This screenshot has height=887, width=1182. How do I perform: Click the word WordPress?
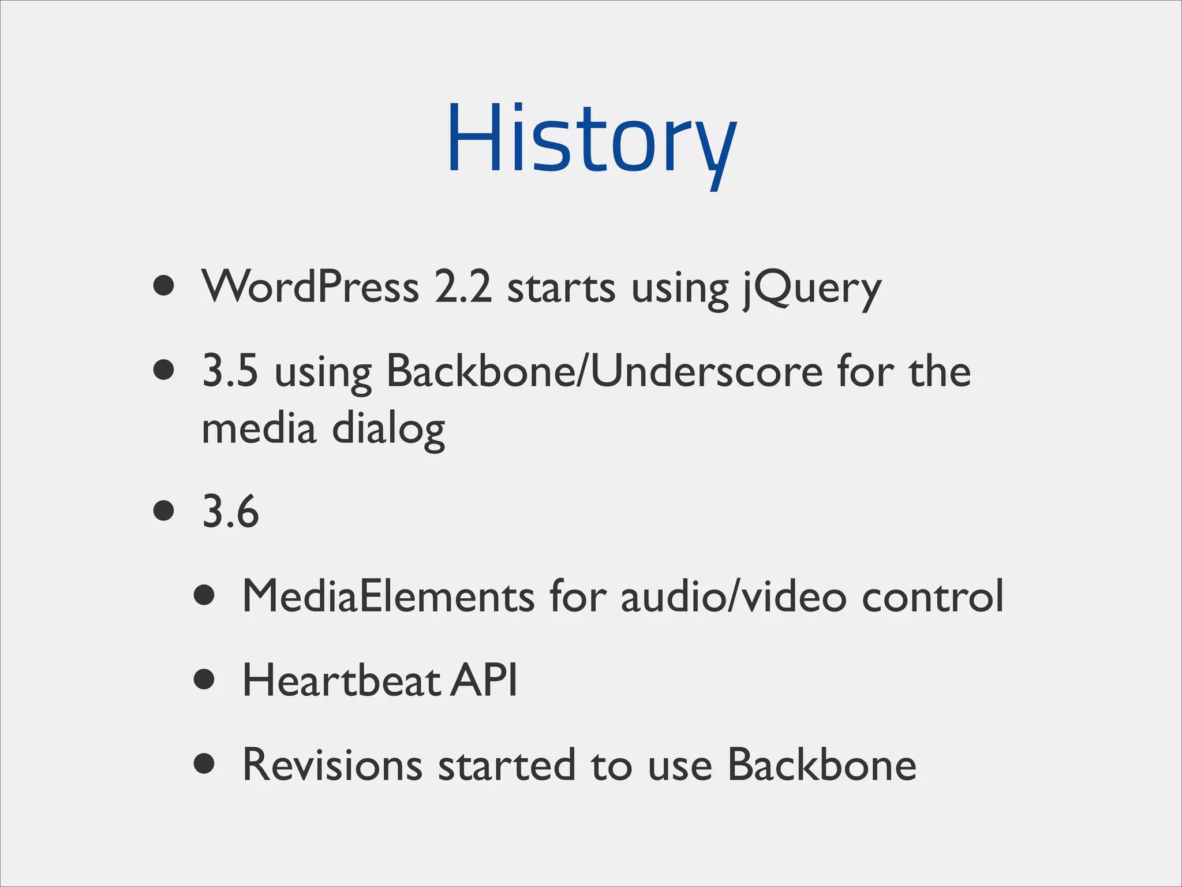[310, 286]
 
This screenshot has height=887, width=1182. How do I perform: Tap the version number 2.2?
[463, 286]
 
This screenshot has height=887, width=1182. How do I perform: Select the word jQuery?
[812, 289]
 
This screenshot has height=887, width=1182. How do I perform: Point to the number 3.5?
[230, 371]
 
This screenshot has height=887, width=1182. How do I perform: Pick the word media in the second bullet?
[259, 428]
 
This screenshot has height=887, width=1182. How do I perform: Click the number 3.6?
[230, 512]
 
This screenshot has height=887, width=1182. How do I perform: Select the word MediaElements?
[388, 596]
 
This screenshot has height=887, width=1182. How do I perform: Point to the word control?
[933, 596]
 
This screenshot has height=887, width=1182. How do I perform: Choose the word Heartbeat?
[342, 680]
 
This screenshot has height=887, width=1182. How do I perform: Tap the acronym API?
[484, 680]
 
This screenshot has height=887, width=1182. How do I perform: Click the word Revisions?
[332, 765]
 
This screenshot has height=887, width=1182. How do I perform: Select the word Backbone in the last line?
[821, 765]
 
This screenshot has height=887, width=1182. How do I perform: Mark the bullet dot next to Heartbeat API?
[204, 680]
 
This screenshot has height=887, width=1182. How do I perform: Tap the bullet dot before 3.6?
[164, 511]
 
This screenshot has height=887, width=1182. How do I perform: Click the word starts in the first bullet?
[561, 288]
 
